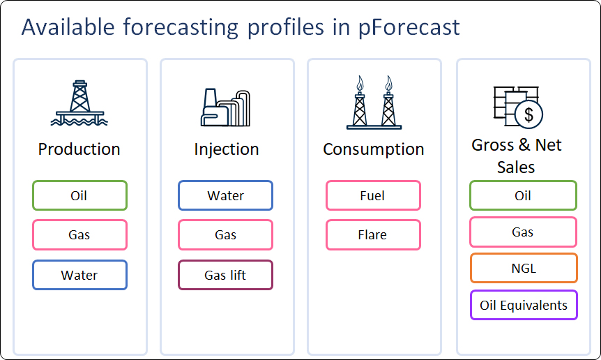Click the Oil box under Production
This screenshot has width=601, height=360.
79,195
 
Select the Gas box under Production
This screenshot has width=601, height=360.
79,234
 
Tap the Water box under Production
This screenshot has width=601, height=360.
79,275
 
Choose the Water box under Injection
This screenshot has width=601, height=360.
225,195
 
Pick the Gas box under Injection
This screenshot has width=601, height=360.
225,234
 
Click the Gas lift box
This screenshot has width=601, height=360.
225,275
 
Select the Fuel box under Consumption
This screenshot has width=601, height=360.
373,195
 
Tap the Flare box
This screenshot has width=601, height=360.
373,234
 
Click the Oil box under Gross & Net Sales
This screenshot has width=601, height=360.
523,195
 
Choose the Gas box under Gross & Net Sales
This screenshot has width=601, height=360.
523,232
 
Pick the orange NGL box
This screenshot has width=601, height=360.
524,268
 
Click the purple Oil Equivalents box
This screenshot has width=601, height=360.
524,305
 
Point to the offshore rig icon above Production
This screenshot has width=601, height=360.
79,103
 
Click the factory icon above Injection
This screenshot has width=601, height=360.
225,107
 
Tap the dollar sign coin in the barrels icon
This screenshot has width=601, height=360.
528,114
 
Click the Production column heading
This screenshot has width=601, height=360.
79,149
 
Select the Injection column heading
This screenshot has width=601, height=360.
227,149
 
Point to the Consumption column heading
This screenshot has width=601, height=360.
374,149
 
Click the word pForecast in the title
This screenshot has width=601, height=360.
409,28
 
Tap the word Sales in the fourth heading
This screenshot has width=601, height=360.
516,167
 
